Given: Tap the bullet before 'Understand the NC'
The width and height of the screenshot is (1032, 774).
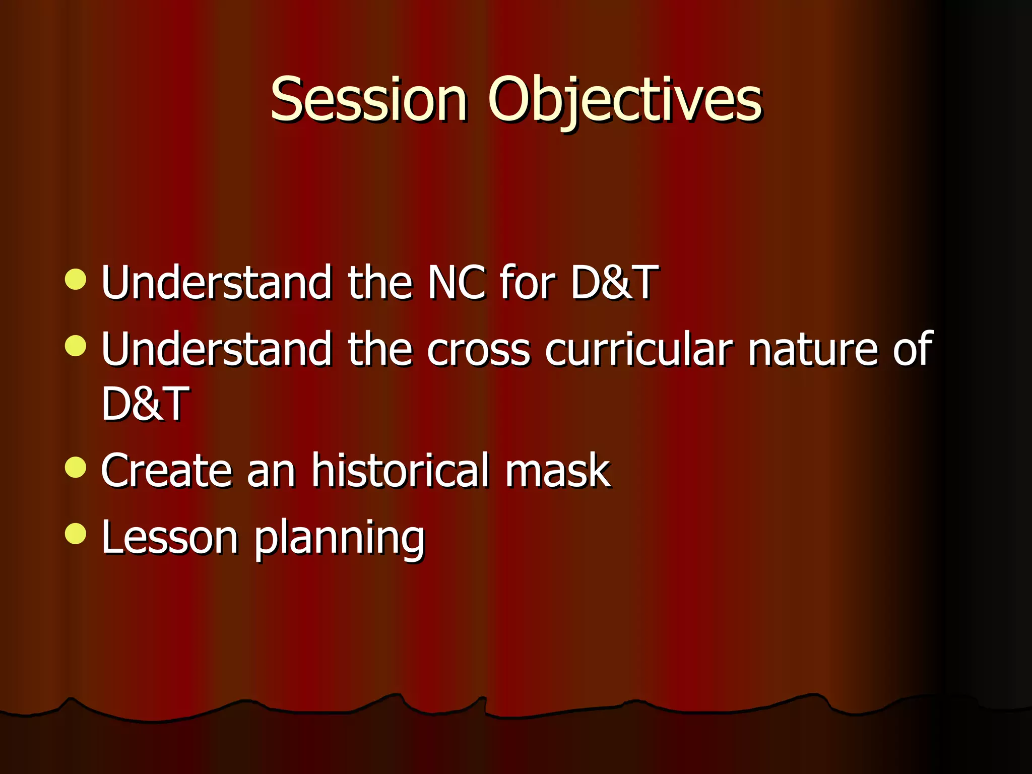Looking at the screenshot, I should pos(76,279).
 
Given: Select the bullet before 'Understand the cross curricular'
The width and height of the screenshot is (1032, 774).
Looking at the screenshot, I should pos(76,346).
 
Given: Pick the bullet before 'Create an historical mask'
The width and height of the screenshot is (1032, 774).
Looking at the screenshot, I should pos(76,467).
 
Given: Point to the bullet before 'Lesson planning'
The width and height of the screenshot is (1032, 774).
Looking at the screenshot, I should pos(76,534).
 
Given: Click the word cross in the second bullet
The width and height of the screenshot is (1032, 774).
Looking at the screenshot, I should pos(479,350).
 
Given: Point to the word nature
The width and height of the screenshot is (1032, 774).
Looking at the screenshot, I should pos(813,350).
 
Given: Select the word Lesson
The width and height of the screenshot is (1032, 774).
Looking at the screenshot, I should pos(169,537).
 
